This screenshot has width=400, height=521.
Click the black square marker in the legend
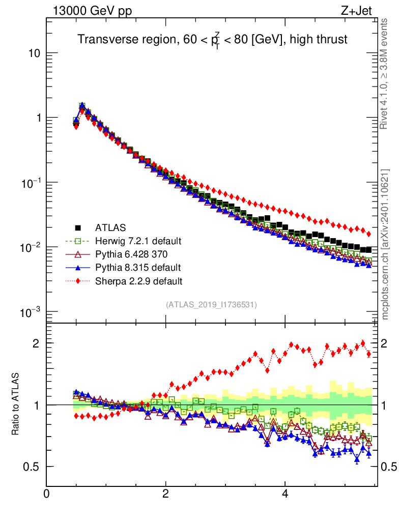point(78,227)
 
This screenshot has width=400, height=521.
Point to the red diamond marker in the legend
point(78,280)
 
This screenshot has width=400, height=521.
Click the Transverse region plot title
point(212,39)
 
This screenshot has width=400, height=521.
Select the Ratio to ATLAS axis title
point(16,404)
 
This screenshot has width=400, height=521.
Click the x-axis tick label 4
point(285,494)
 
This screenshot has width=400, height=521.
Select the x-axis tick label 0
point(47,494)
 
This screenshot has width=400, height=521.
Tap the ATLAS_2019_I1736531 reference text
point(211,305)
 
